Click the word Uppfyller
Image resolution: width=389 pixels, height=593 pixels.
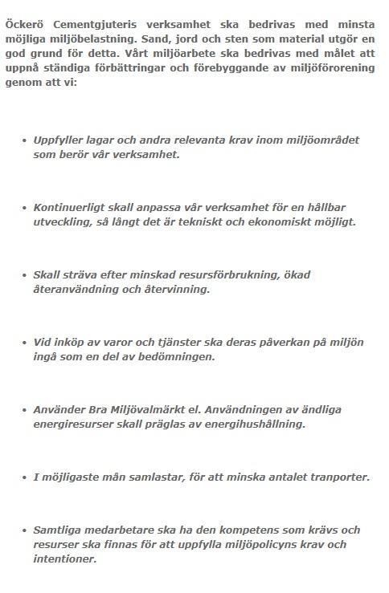tap(61, 140)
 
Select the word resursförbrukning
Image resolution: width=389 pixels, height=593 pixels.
tap(227, 275)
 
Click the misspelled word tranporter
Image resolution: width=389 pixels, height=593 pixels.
tap(338, 477)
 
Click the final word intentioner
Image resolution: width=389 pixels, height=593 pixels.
tap(65, 560)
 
